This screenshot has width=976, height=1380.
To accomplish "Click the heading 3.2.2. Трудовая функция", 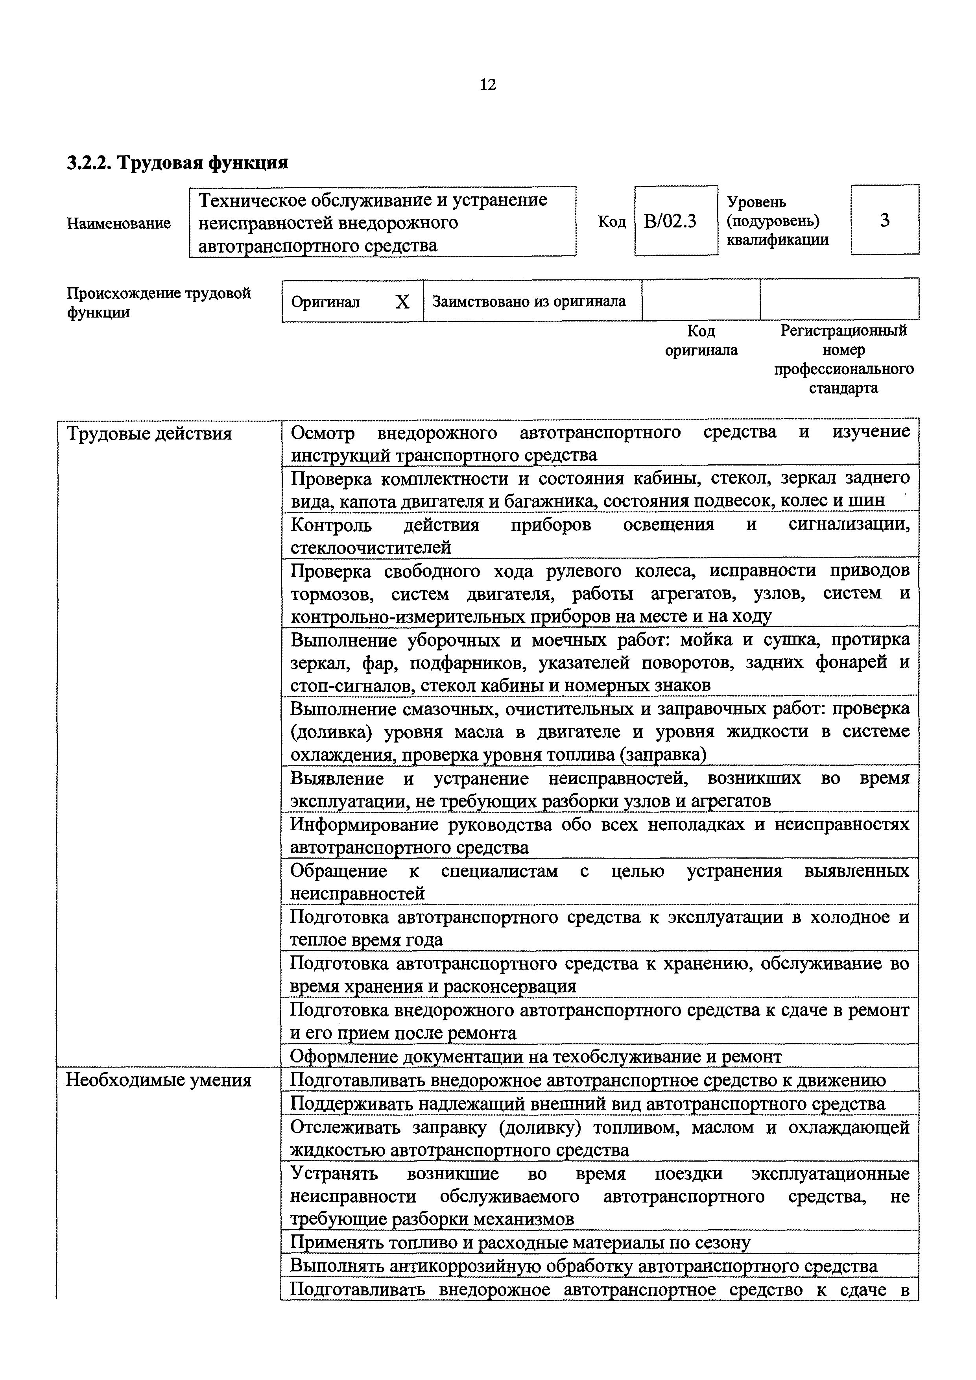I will pos(178,162).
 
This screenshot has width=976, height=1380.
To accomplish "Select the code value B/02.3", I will pos(670,222).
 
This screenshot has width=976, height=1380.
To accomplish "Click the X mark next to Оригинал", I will pos(402,302).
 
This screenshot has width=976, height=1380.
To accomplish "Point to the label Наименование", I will pos(119,224).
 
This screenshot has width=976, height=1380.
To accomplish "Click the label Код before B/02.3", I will pos(611,222).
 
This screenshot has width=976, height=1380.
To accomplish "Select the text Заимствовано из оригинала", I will pos(529,301).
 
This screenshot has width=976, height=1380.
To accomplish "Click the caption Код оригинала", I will pos(701,340).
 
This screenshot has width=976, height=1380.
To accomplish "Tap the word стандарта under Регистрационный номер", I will pos(843,388).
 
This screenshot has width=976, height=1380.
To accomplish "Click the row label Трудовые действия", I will pos(149,433).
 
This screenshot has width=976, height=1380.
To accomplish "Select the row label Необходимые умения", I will pos(158,1080).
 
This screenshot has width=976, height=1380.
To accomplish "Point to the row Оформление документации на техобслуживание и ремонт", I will pos(536,1056).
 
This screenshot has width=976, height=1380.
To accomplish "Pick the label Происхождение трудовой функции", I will pos(158,302).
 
